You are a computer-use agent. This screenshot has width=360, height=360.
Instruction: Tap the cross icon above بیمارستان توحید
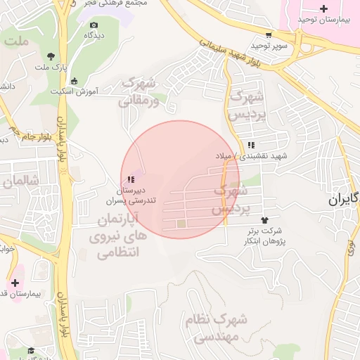pos(323,9)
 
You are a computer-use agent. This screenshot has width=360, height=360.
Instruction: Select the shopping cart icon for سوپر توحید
pos(269,34)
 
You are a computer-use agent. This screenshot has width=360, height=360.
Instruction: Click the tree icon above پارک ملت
pos(51,56)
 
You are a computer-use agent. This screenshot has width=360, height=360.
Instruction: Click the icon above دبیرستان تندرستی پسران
pos(131,179)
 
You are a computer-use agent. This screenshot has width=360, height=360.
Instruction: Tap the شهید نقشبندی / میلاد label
pos(243,156)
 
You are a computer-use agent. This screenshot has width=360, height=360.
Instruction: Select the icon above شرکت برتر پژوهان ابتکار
pos(264,220)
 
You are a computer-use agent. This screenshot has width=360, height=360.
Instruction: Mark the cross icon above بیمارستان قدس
pos(15,282)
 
